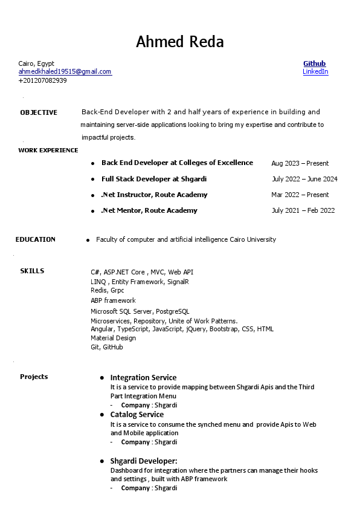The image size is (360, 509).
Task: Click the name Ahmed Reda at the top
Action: click(x=179, y=42)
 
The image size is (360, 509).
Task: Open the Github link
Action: click(x=314, y=63)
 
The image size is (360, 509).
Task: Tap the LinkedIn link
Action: click(x=315, y=71)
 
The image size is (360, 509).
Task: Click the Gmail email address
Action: click(x=65, y=71)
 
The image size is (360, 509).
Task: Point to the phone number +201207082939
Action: click(x=42, y=80)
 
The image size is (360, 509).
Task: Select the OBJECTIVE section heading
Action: click(x=39, y=112)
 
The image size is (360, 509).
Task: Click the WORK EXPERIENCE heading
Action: click(x=48, y=150)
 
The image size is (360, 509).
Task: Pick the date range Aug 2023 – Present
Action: click(x=300, y=163)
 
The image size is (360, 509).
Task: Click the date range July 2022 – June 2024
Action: click(x=304, y=179)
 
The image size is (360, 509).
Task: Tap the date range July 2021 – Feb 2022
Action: click(x=303, y=210)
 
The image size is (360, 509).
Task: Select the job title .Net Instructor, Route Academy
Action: click(x=154, y=195)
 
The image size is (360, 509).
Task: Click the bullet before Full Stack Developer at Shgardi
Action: click(x=92, y=180)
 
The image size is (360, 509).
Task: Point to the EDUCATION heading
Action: click(x=36, y=239)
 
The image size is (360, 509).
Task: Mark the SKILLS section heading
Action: click(x=32, y=271)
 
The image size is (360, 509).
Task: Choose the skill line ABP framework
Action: click(x=113, y=300)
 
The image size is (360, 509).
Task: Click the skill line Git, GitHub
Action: click(x=107, y=347)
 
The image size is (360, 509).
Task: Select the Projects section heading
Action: click(x=34, y=377)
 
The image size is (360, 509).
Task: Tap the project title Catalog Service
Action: click(x=137, y=415)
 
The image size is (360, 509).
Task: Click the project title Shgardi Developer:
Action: click(x=143, y=461)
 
